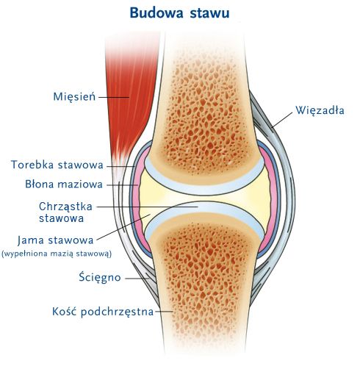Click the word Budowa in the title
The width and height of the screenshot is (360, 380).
click(156, 12)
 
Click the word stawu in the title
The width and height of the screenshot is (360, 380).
click(209, 13)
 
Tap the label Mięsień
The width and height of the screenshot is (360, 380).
click(74, 96)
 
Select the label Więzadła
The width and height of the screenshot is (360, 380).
click(320, 110)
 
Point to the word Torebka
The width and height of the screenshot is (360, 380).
click(36, 165)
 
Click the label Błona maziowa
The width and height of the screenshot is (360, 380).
click(64, 184)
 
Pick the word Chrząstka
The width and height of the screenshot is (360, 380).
click(65, 207)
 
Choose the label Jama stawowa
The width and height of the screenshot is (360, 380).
click(56, 240)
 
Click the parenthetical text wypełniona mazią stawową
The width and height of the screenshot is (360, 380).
click(57, 254)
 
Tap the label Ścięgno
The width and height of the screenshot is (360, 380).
click(100, 278)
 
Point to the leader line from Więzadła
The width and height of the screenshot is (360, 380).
click(282, 120)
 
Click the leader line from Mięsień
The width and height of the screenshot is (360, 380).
click(114, 97)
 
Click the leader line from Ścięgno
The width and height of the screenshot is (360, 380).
click(137, 279)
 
